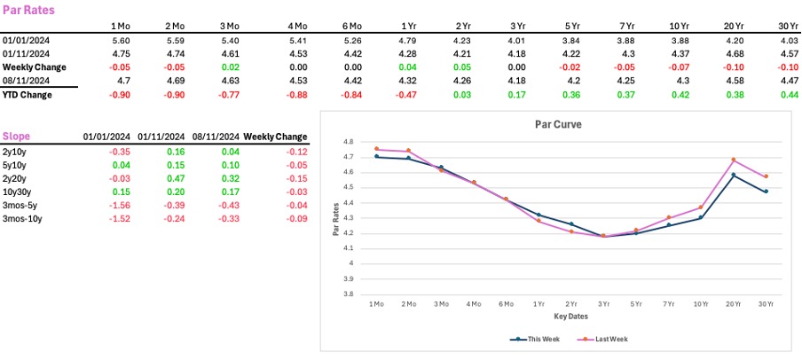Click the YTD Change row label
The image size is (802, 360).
point(28,95)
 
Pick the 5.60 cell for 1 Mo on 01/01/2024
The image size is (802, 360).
point(121,41)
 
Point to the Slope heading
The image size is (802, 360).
point(17,137)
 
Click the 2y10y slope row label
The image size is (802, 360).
point(15,152)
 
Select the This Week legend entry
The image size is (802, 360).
point(535,338)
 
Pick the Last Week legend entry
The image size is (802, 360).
point(597,338)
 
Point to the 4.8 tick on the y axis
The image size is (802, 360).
point(348,142)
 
